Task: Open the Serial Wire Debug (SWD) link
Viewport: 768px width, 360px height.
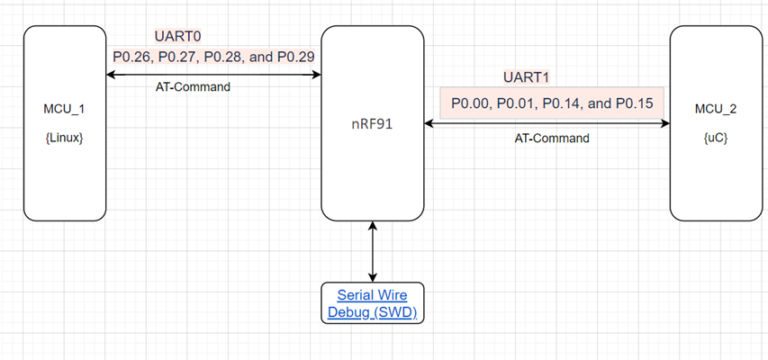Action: coord(373,304)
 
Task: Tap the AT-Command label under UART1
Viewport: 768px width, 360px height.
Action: coord(552,139)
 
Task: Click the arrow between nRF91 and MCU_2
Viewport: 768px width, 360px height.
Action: coord(547,126)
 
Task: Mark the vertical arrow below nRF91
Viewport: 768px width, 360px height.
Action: coord(373,253)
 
